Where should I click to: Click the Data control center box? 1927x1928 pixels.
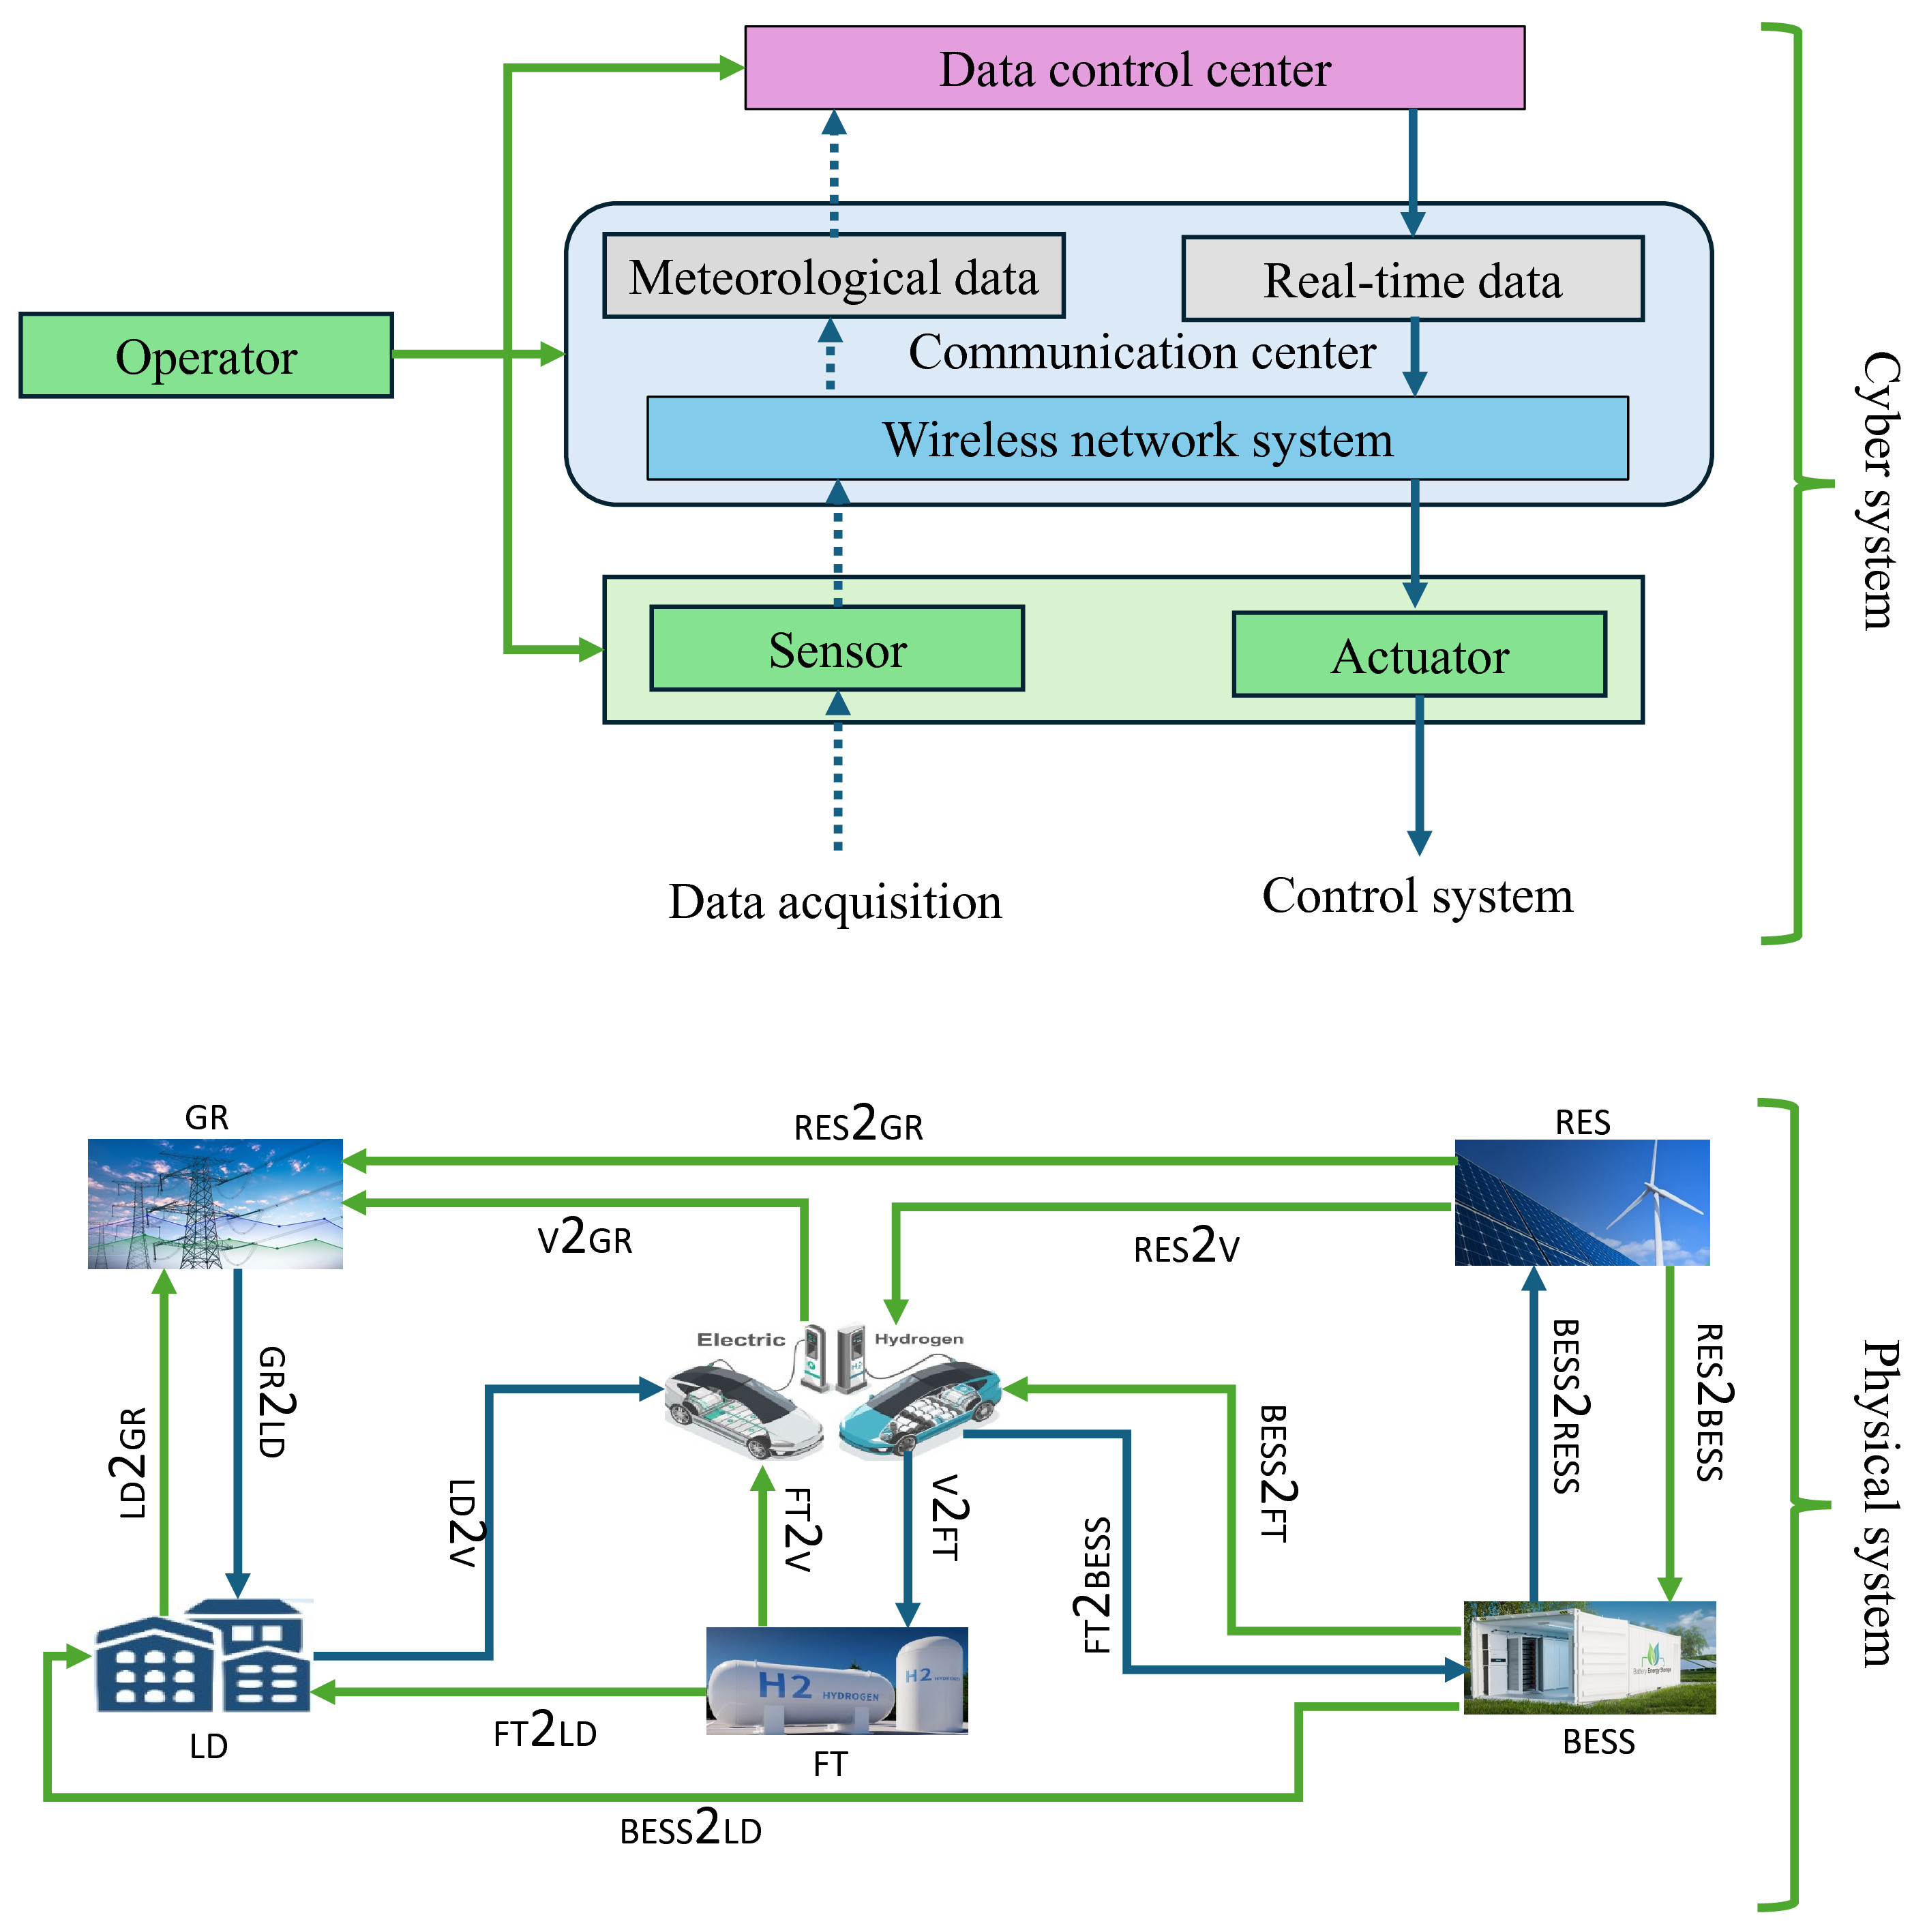pos(1134,68)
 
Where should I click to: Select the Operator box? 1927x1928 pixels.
pos(205,356)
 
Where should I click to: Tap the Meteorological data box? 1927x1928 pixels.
pos(833,276)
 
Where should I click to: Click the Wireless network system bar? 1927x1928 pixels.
pos(1137,439)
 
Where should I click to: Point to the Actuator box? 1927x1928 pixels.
pos(1418,655)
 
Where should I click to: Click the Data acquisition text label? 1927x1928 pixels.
pos(834,901)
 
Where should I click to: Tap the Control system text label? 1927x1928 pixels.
pos(1416,895)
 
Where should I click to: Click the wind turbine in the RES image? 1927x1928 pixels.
pos(1656,1198)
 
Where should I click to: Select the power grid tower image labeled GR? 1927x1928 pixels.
pos(215,1202)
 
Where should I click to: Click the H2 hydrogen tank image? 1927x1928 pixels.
pos(836,1682)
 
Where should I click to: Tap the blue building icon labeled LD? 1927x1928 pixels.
pos(204,1657)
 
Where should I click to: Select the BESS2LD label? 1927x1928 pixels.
pos(691,1829)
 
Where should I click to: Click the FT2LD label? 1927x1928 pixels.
pos(545,1732)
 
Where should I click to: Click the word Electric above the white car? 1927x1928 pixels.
pos(741,1339)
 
